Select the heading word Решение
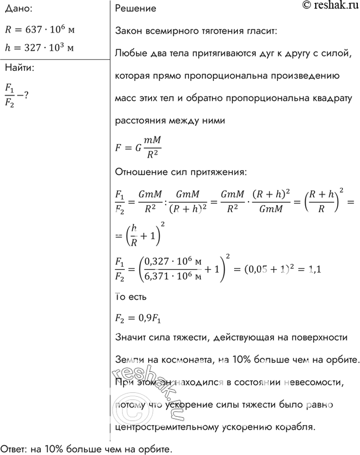135,9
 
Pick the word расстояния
140,120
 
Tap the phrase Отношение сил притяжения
179,172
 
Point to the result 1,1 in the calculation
314,270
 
